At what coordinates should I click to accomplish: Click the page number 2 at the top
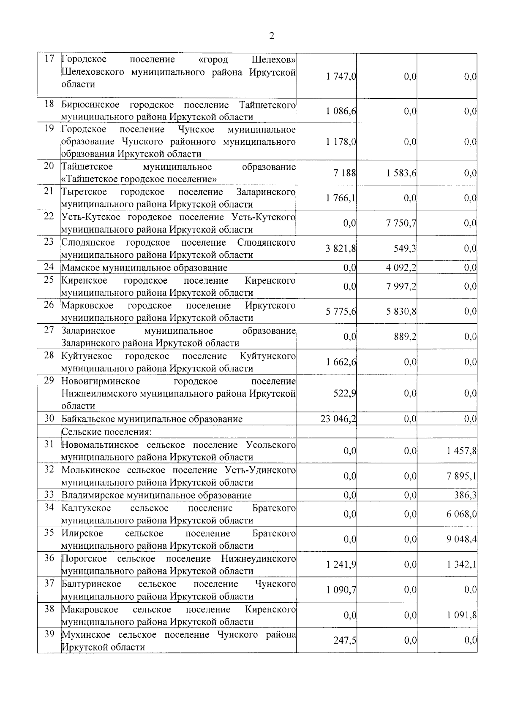[x=272, y=36]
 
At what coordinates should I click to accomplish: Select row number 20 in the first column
[x=49, y=166]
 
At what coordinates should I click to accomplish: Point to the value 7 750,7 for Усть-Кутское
[x=401, y=223]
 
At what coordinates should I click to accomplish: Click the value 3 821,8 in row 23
[x=341, y=249]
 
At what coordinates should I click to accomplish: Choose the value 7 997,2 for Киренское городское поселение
[x=401, y=287]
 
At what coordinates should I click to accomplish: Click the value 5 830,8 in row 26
[x=401, y=311]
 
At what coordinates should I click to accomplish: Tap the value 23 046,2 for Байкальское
[x=338, y=419]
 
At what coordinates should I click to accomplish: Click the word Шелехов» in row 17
[x=273, y=59]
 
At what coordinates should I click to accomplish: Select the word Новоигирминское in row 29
[x=101, y=381]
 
